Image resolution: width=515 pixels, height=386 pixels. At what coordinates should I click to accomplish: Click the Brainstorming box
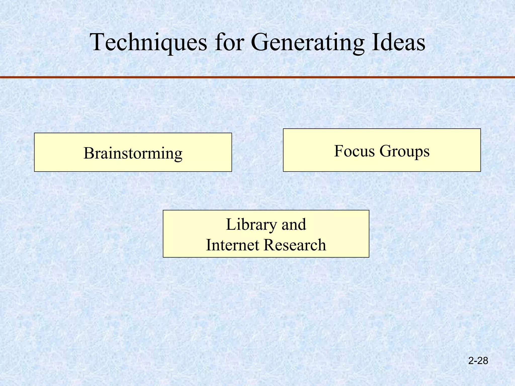[133, 152]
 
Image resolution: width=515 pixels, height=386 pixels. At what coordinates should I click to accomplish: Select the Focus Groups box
[382, 150]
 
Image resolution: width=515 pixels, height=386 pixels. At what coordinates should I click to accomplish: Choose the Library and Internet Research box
[266, 234]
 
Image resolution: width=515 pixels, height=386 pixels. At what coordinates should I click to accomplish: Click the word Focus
[354, 151]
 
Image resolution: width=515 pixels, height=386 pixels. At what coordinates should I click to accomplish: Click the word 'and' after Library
[294, 224]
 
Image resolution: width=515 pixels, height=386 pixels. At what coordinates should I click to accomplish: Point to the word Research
[295, 245]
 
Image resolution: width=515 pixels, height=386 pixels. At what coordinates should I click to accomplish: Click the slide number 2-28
[478, 361]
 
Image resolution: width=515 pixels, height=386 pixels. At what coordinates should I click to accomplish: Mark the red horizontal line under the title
[257, 77]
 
